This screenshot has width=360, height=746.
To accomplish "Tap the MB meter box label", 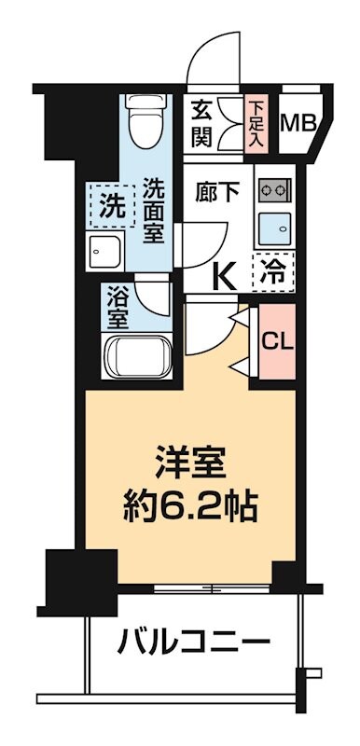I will tap(299, 122).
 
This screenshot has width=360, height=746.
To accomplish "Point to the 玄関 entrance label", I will tap(202, 124).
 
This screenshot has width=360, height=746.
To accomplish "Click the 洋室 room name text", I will tap(190, 463).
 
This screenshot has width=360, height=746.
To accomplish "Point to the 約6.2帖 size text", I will tap(190, 509).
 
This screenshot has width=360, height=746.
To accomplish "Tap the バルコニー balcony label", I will tap(194, 642).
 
